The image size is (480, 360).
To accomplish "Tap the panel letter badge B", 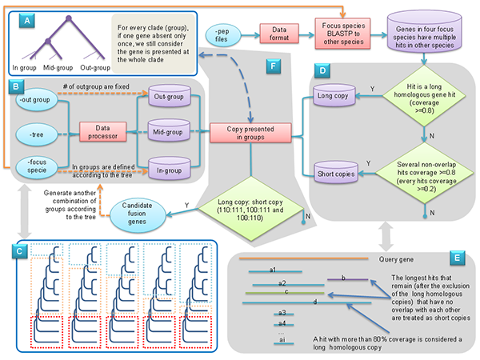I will point(14,85).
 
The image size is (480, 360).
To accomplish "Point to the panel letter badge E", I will point(455,260).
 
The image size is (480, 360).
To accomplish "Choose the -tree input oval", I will point(36,136).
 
